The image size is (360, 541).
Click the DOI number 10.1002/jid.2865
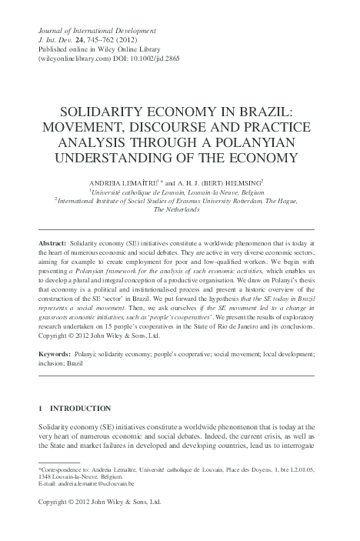[x=172, y=58]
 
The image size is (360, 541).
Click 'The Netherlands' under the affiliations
[x=179, y=209]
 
